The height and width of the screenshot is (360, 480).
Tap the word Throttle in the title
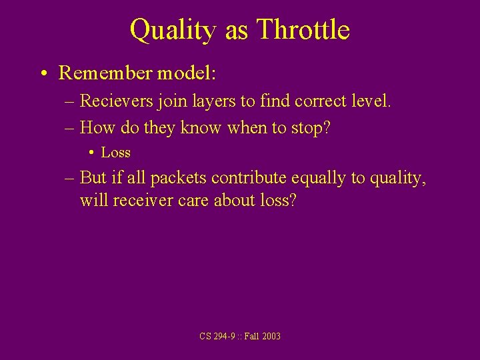(303, 29)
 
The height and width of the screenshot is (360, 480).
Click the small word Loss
(116, 153)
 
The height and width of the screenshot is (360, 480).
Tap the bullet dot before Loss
(91, 153)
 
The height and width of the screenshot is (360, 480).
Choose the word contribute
(251, 179)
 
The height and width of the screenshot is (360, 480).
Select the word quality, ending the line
(397, 179)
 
